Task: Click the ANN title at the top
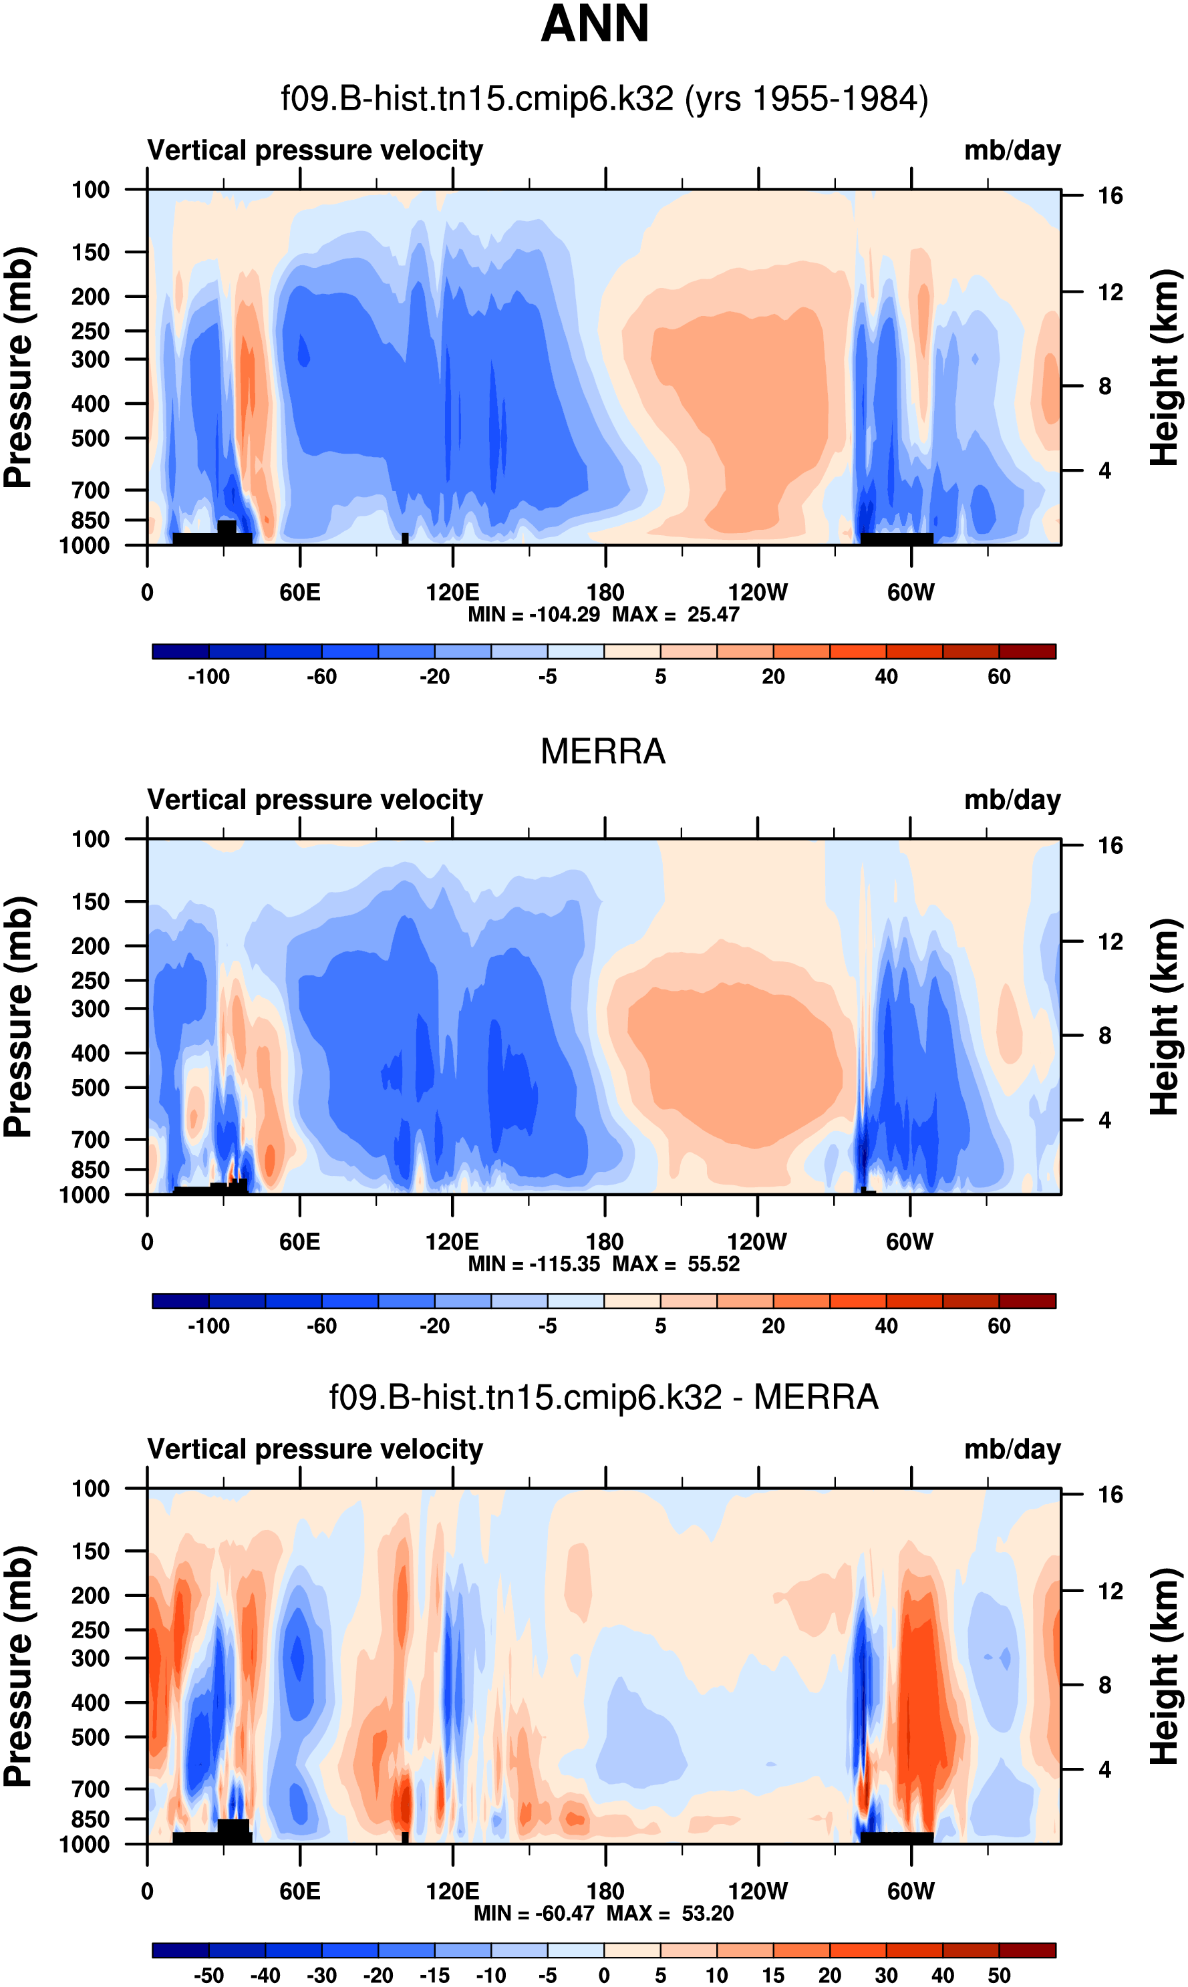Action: point(594,24)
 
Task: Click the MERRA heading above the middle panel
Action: point(603,752)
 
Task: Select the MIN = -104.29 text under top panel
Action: point(534,615)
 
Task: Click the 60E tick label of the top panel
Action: point(300,593)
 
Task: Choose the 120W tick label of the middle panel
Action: point(756,1242)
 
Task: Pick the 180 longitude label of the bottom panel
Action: point(605,1891)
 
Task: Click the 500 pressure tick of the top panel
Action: point(90,438)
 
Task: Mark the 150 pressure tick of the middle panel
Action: point(90,902)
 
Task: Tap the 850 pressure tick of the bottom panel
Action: point(90,1819)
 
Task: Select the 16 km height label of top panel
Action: point(1110,196)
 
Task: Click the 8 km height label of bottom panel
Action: point(1104,1684)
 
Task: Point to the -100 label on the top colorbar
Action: point(209,677)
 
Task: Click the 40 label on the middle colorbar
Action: point(886,1326)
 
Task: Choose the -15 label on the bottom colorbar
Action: point(435,1975)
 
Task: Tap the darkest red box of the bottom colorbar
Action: point(1027,1950)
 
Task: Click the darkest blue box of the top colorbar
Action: point(181,651)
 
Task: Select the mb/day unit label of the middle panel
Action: point(1012,800)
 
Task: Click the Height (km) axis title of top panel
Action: point(1165,368)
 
